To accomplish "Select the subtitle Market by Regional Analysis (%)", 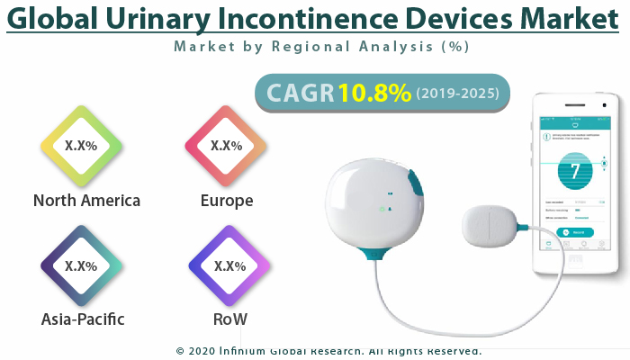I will (x=321, y=46).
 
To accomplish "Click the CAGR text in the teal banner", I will (x=299, y=94).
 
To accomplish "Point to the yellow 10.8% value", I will (x=374, y=94).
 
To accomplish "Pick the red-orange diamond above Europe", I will (x=225, y=146).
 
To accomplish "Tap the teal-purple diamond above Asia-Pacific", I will (x=81, y=266).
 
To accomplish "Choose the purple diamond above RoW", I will (x=229, y=266).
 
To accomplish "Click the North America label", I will (x=86, y=200).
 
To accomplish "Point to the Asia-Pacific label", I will (x=83, y=319).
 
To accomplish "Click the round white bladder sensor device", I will (x=369, y=202).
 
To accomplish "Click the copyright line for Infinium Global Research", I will (x=328, y=351).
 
